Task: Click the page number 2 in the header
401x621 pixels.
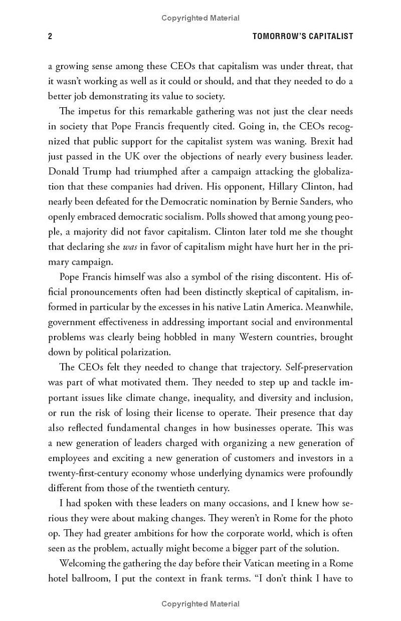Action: coord(50,36)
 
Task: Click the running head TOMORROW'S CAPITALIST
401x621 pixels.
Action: coord(303,36)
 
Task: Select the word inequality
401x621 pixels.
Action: coord(220,397)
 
